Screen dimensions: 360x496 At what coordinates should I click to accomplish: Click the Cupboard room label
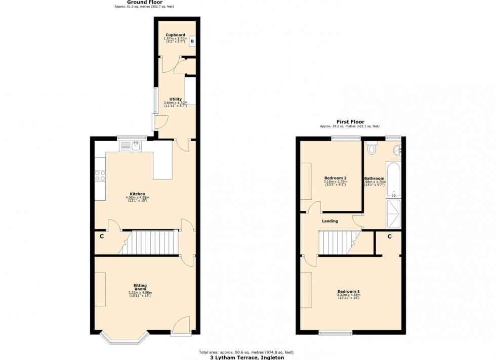click(x=175, y=35)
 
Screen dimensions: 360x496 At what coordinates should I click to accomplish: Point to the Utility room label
click(x=176, y=99)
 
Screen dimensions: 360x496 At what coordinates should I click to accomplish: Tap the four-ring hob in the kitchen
click(x=100, y=175)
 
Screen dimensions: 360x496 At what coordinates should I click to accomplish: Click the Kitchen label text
click(x=137, y=194)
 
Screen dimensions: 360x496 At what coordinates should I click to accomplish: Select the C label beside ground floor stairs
click(x=101, y=236)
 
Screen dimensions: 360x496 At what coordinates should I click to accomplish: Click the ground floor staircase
click(x=152, y=242)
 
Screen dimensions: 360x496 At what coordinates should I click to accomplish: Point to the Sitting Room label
click(x=140, y=287)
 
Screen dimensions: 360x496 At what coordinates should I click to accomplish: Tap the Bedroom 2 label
click(x=335, y=178)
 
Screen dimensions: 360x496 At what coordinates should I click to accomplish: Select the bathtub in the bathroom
click(x=393, y=180)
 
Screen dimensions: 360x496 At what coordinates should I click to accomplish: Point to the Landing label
click(x=330, y=221)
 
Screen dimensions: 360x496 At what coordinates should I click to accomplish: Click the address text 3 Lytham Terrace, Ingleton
click(x=248, y=357)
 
